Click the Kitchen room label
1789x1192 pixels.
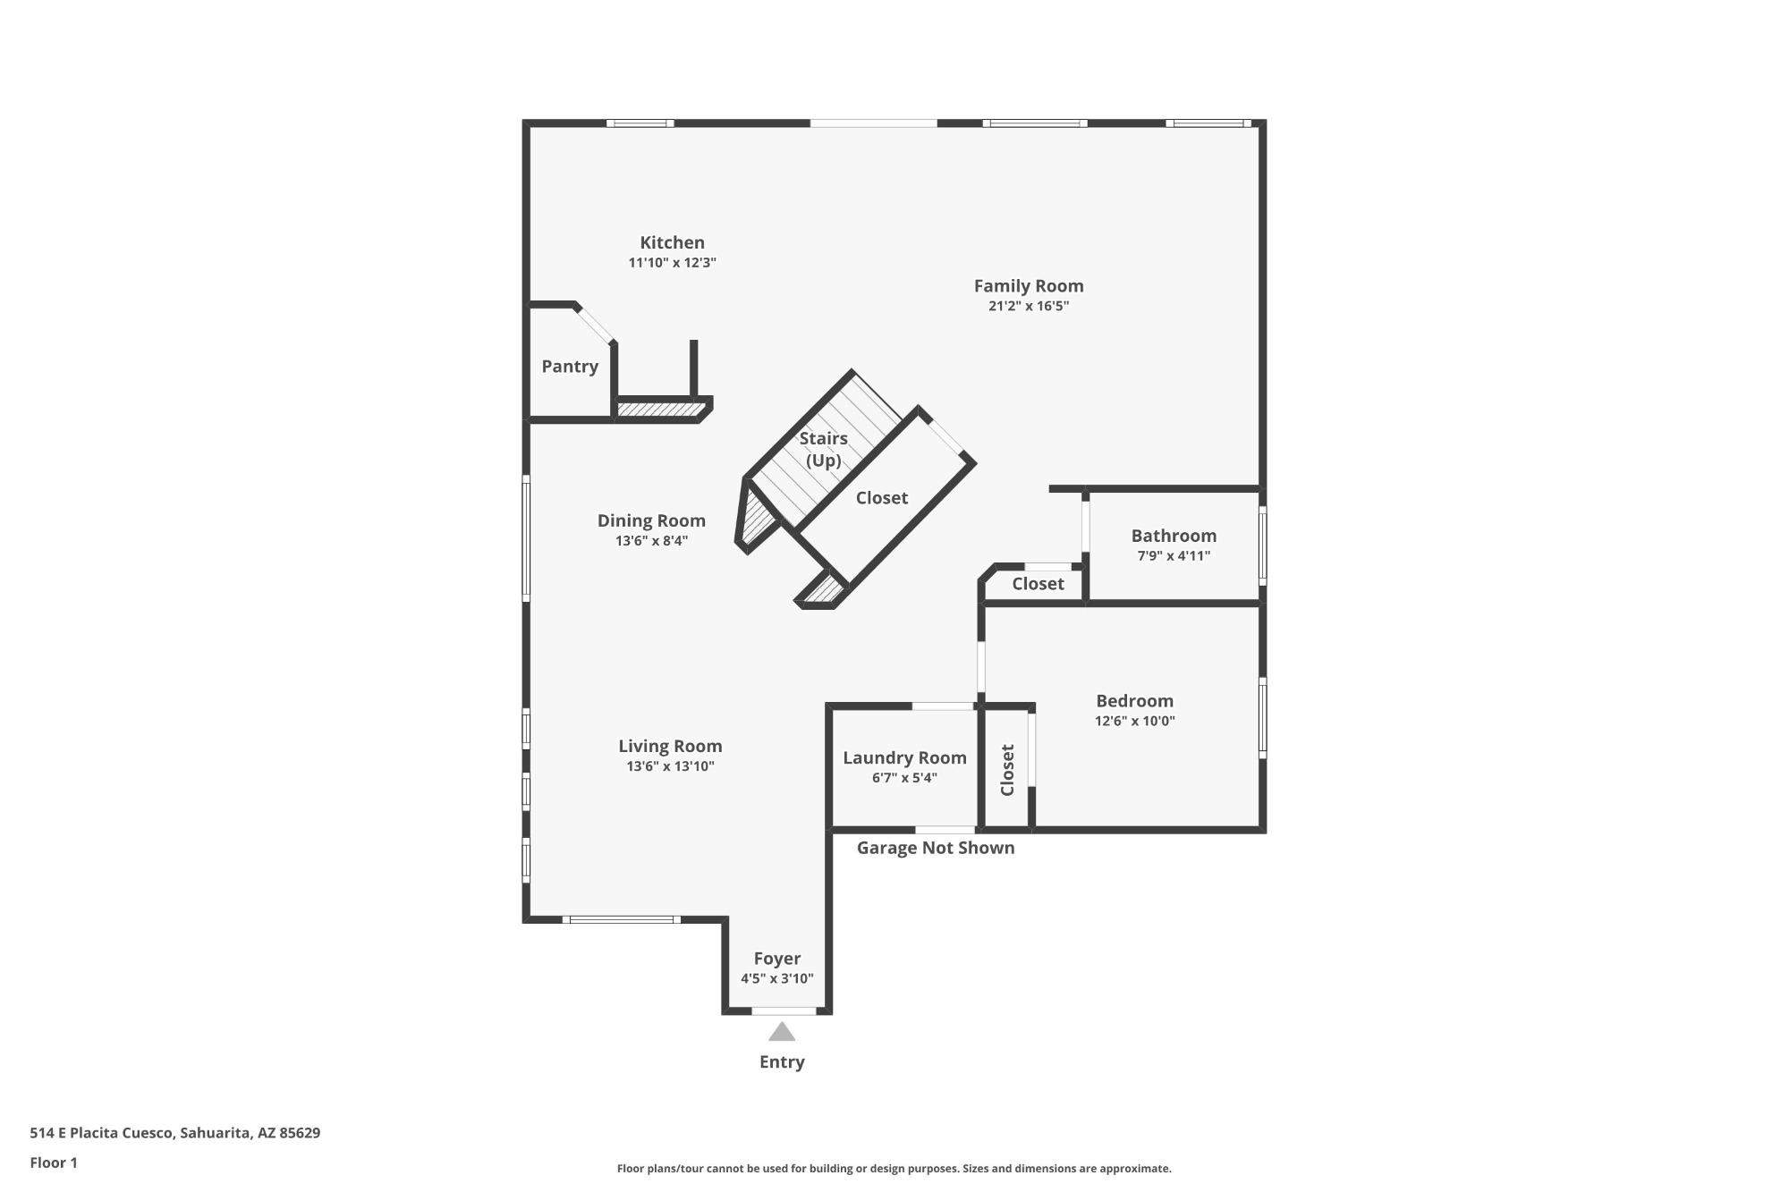pyautogui.click(x=672, y=242)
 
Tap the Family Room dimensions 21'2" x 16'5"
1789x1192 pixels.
pyautogui.click(x=1029, y=306)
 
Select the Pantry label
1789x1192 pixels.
pyautogui.click(x=570, y=367)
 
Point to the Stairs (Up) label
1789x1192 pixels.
pyautogui.click(x=823, y=449)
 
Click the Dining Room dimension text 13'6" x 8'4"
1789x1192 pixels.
pyautogui.click(x=651, y=541)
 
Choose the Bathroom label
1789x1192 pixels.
pyautogui.click(x=1174, y=536)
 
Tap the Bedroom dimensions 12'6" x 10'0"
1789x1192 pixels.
pyautogui.click(x=1134, y=721)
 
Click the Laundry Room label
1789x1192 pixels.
pyautogui.click(x=904, y=758)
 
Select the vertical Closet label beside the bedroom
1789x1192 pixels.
pyautogui.click(x=1007, y=770)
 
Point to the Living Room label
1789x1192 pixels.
pyautogui.click(x=670, y=747)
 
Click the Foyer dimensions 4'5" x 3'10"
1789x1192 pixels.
pyautogui.click(x=777, y=978)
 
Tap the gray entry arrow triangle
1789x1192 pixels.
pyautogui.click(x=782, y=1033)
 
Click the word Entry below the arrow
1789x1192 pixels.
pyautogui.click(x=782, y=1062)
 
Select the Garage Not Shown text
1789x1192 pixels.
pyautogui.click(x=936, y=848)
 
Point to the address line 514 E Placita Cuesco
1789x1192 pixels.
pyautogui.click(x=175, y=1133)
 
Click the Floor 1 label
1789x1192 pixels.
pyautogui.click(x=54, y=1162)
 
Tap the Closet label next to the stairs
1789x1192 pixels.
pyautogui.click(x=882, y=498)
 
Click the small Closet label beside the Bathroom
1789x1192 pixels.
pyautogui.click(x=1038, y=584)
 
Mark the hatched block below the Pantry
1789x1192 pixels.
pyautogui.click(x=660, y=410)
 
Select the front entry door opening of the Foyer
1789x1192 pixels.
pyautogui.click(x=784, y=1011)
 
